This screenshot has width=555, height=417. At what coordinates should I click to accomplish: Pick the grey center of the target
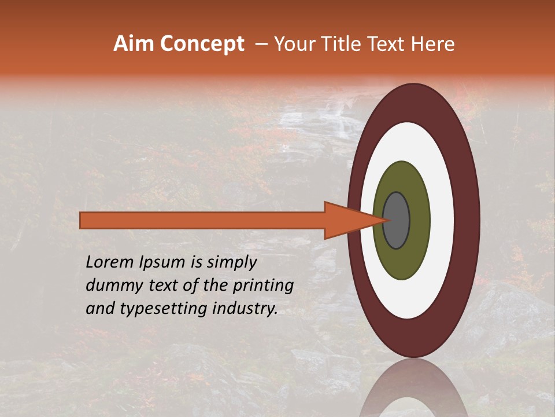[397, 220]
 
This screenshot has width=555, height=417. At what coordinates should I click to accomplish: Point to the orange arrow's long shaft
[202, 220]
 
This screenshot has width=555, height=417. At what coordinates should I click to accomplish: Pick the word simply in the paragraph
[231, 262]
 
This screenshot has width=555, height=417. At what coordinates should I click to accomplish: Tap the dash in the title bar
[261, 44]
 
